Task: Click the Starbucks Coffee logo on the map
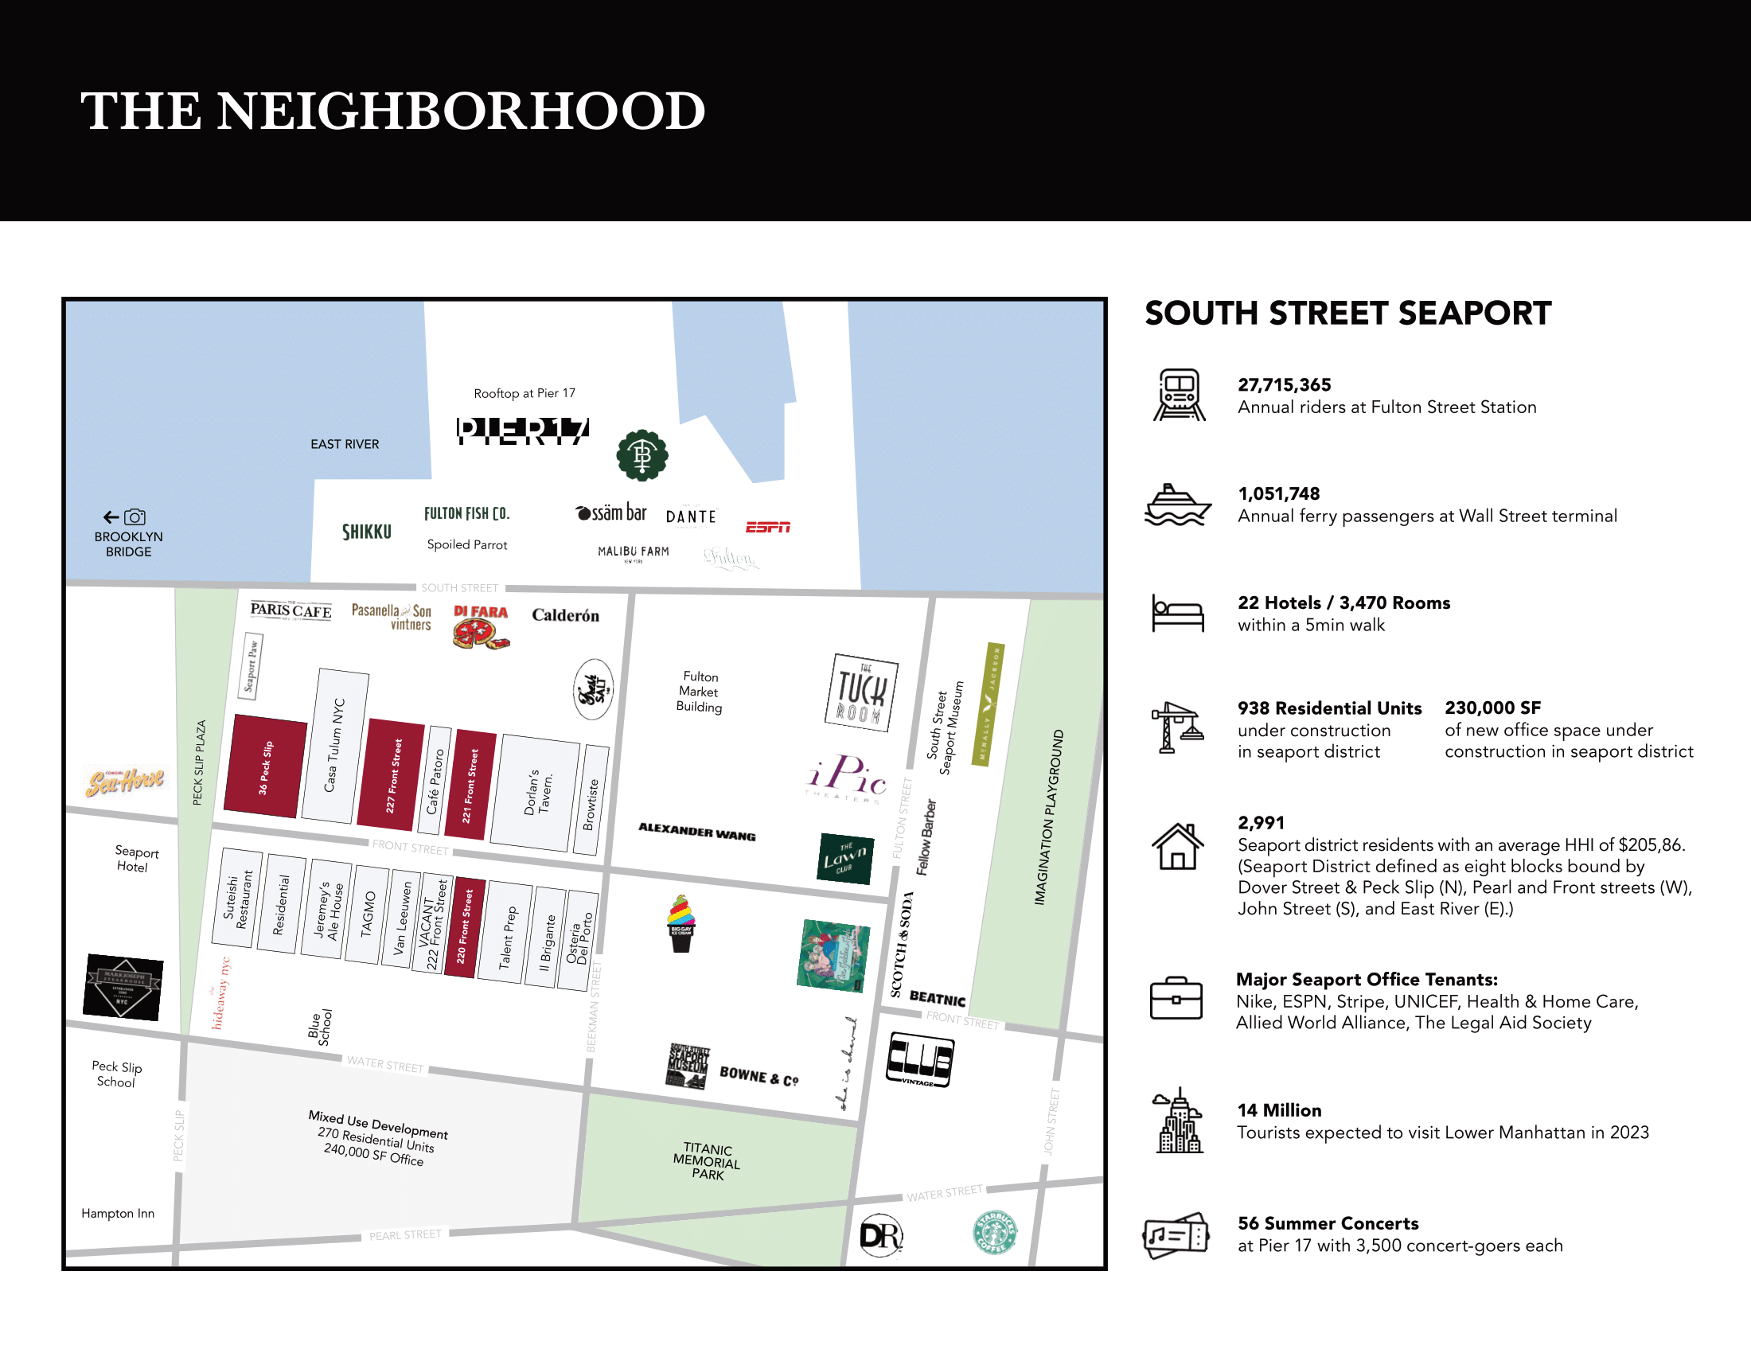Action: pos(995,1232)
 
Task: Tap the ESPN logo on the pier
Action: pos(768,527)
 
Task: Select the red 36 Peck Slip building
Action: pos(265,766)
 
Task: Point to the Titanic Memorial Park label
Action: pos(707,1161)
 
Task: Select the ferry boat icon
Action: pos(1177,505)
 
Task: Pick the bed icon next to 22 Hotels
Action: pos(1178,613)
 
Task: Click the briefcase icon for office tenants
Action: pos(1176,999)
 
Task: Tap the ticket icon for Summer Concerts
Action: pos(1176,1235)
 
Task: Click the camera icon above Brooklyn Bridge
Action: pos(135,517)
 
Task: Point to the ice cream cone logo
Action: pos(681,923)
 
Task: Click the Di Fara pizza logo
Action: pos(481,626)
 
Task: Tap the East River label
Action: pos(345,444)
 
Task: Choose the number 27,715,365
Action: pos(1284,384)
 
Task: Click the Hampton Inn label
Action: pos(118,1214)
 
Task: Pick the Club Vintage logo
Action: pos(919,1060)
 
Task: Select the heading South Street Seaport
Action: pos(1347,314)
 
